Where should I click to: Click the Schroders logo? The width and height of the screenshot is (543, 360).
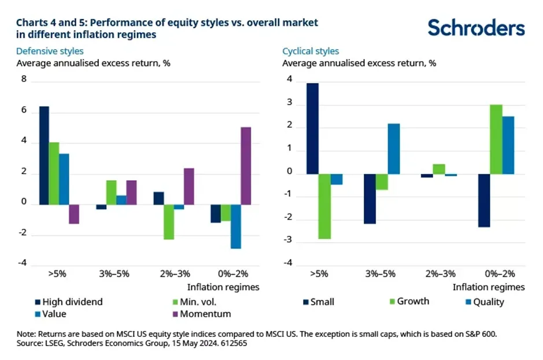tap(476, 27)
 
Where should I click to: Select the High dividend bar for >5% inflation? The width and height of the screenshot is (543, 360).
tap(44, 155)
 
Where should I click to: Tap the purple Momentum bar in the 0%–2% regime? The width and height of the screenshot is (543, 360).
tap(246, 166)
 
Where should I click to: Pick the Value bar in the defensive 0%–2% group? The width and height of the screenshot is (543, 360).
tap(236, 227)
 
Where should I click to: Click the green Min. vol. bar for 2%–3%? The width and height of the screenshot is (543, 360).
tap(168, 222)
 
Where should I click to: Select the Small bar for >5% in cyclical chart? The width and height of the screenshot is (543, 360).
tap(312, 128)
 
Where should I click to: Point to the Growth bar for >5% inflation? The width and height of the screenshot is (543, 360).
tap(324, 206)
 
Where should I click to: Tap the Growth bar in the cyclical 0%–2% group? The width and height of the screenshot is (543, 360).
tap(496, 139)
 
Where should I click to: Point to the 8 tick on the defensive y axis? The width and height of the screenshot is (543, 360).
tap(23, 80)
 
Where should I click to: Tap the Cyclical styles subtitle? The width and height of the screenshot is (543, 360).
tap(311, 51)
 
